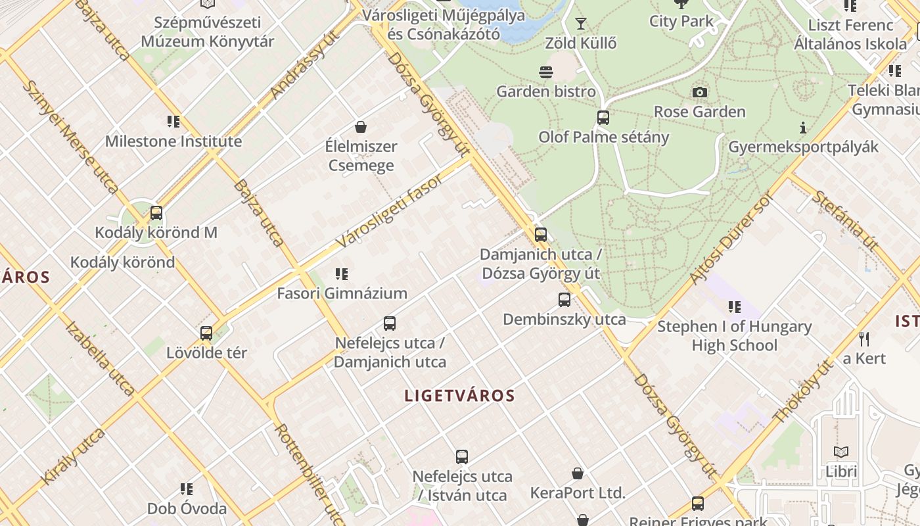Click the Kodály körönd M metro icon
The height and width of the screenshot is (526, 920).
coord(156,213)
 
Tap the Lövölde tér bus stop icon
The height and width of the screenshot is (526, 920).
coord(206,333)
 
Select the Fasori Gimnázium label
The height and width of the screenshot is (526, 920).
coord(342,293)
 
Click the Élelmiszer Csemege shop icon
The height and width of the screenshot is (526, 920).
coord(360,126)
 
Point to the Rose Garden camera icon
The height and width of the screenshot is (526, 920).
coord(700,92)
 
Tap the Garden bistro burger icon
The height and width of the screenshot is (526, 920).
coord(545,72)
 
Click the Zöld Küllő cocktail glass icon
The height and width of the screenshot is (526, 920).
coord(581,24)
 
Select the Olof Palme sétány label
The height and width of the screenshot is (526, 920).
coord(603,137)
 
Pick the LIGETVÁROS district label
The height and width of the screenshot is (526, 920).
coord(459,396)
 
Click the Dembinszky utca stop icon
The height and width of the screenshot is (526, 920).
coord(564,300)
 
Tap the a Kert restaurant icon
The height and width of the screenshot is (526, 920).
coord(864,339)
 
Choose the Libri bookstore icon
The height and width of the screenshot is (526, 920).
coord(841,452)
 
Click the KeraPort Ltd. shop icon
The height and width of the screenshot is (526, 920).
coord(578,473)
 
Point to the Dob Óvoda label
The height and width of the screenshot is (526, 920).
coord(187,508)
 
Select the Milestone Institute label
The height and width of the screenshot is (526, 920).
coord(173,141)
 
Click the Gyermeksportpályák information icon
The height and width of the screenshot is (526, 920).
coord(802,128)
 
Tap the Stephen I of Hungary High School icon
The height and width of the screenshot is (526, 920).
coord(734,306)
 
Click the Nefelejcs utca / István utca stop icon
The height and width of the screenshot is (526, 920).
coord(462,456)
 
